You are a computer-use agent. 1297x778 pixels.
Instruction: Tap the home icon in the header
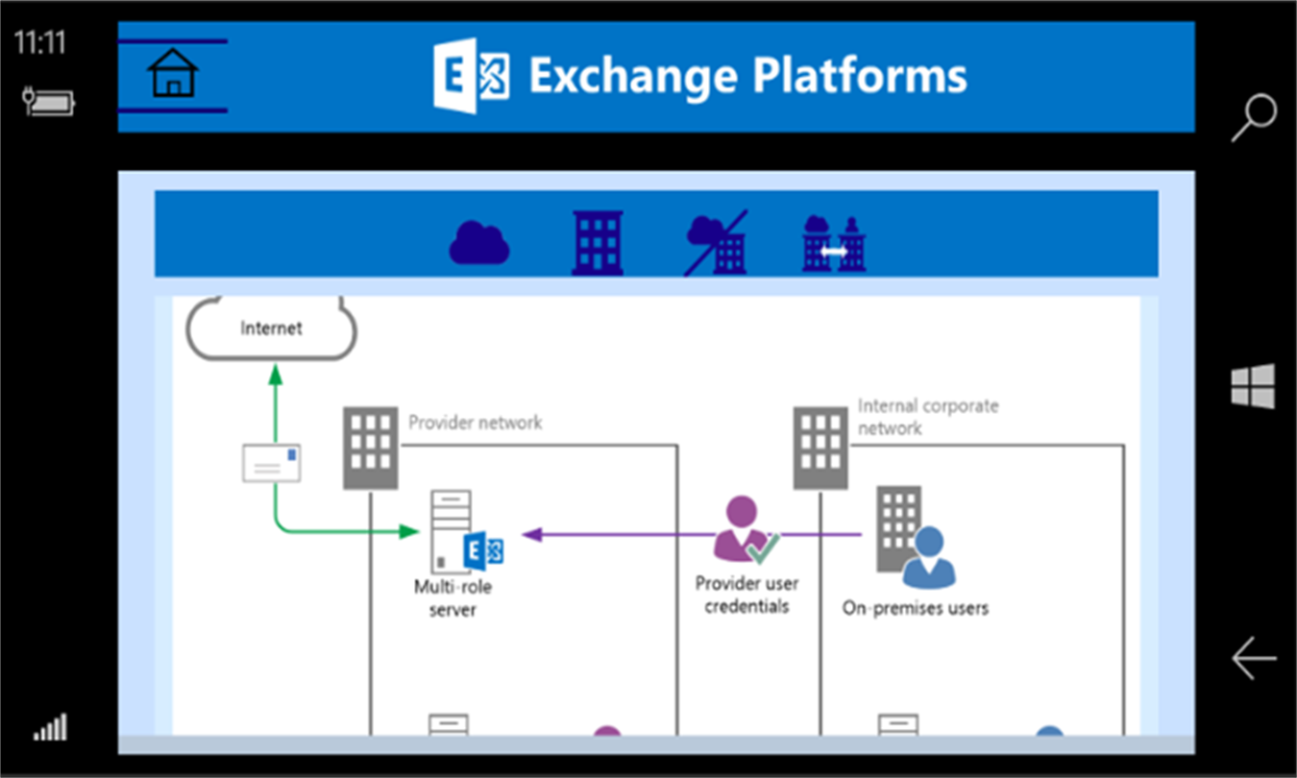point(173,73)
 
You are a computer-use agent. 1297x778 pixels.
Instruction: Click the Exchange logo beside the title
point(472,76)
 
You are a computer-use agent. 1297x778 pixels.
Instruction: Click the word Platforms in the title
point(859,77)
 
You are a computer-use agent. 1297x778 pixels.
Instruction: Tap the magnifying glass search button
point(1254,117)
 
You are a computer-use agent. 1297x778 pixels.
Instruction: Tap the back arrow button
point(1254,658)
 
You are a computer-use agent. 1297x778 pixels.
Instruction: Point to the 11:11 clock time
point(40,42)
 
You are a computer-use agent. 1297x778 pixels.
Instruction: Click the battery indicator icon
point(49,101)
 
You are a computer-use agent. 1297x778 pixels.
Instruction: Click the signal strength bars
point(50,727)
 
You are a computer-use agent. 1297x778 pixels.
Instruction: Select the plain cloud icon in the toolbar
point(479,243)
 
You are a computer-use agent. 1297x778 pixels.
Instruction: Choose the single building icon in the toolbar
point(598,243)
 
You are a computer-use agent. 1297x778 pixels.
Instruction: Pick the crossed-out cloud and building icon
point(717,243)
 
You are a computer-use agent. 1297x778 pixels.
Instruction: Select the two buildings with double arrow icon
point(834,244)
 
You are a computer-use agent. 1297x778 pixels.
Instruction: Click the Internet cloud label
point(271,328)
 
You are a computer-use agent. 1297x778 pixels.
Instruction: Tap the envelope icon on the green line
point(272,463)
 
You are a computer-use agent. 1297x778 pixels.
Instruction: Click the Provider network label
point(476,423)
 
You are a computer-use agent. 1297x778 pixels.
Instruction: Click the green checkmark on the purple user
point(763,547)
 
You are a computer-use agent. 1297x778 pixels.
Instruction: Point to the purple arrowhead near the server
point(532,535)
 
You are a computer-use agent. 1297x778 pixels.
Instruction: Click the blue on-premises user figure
point(929,557)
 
